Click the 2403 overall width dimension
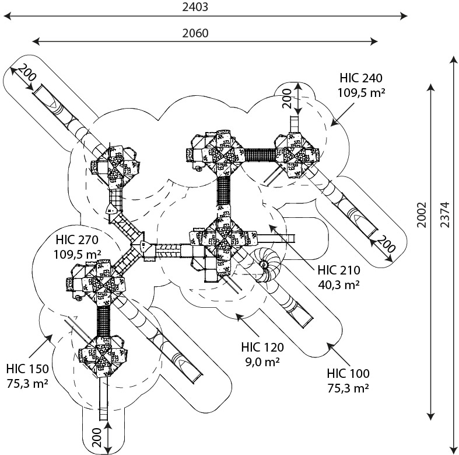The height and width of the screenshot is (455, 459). (x=195, y=7)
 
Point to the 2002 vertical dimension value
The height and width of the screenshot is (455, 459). (x=422, y=217)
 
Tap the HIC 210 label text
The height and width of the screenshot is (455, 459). (x=339, y=271)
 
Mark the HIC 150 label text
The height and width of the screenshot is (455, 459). (x=27, y=369)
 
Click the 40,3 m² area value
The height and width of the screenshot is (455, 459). (x=339, y=284)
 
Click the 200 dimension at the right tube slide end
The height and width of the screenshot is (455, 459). (x=386, y=245)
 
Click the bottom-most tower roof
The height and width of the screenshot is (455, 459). (x=101, y=355)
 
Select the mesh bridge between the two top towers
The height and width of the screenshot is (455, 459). (x=260, y=155)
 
